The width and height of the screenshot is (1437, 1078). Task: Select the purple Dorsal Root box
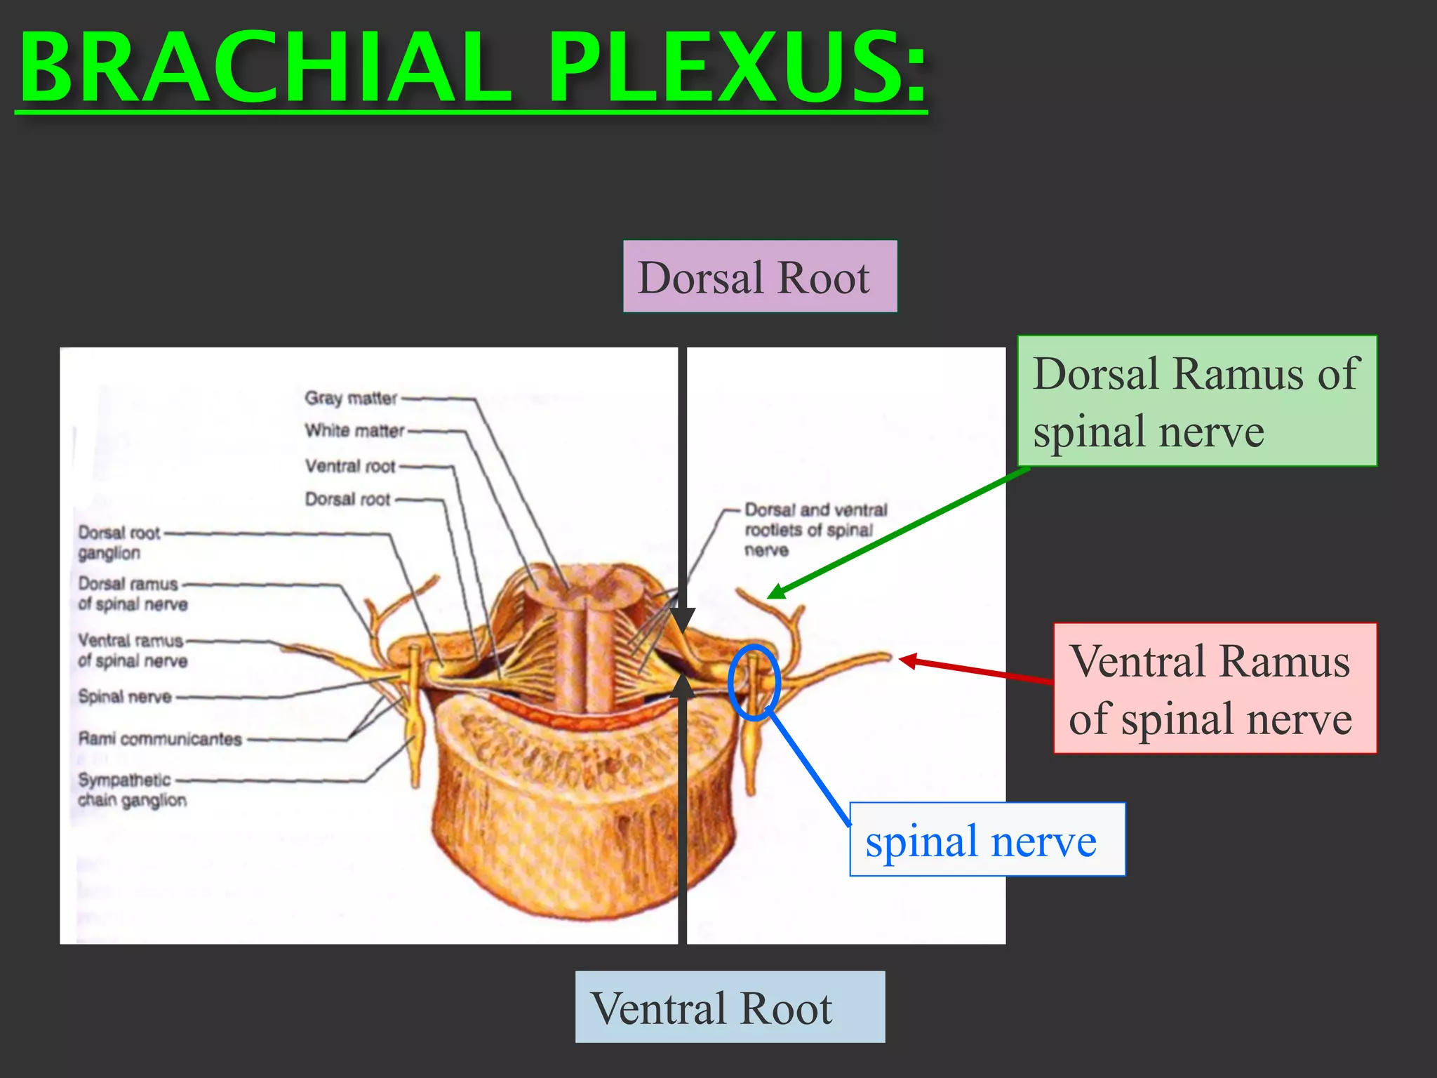tap(759, 277)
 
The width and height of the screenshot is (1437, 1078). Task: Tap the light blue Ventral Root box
tap(730, 1006)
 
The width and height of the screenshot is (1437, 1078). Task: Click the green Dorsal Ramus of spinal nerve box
tap(1196, 401)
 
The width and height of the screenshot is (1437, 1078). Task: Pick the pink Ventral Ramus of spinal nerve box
tap(1214, 688)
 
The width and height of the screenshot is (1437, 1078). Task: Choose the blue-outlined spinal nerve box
tap(987, 839)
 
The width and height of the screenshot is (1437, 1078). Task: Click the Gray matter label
tap(351, 398)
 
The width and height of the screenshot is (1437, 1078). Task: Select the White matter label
tap(354, 430)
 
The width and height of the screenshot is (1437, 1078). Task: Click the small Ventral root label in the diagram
tap(350, 466)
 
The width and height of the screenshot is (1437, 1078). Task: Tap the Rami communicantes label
tap(160, 738)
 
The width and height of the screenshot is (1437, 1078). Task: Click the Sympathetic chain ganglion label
tap(131, 790)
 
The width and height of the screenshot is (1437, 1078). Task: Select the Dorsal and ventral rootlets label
tap(814, 529)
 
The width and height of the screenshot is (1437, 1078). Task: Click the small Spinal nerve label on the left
tap(125, 696)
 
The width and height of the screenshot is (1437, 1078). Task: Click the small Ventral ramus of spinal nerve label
tap(132, 650)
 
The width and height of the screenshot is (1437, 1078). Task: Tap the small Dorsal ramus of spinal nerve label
tap(132, 594)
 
